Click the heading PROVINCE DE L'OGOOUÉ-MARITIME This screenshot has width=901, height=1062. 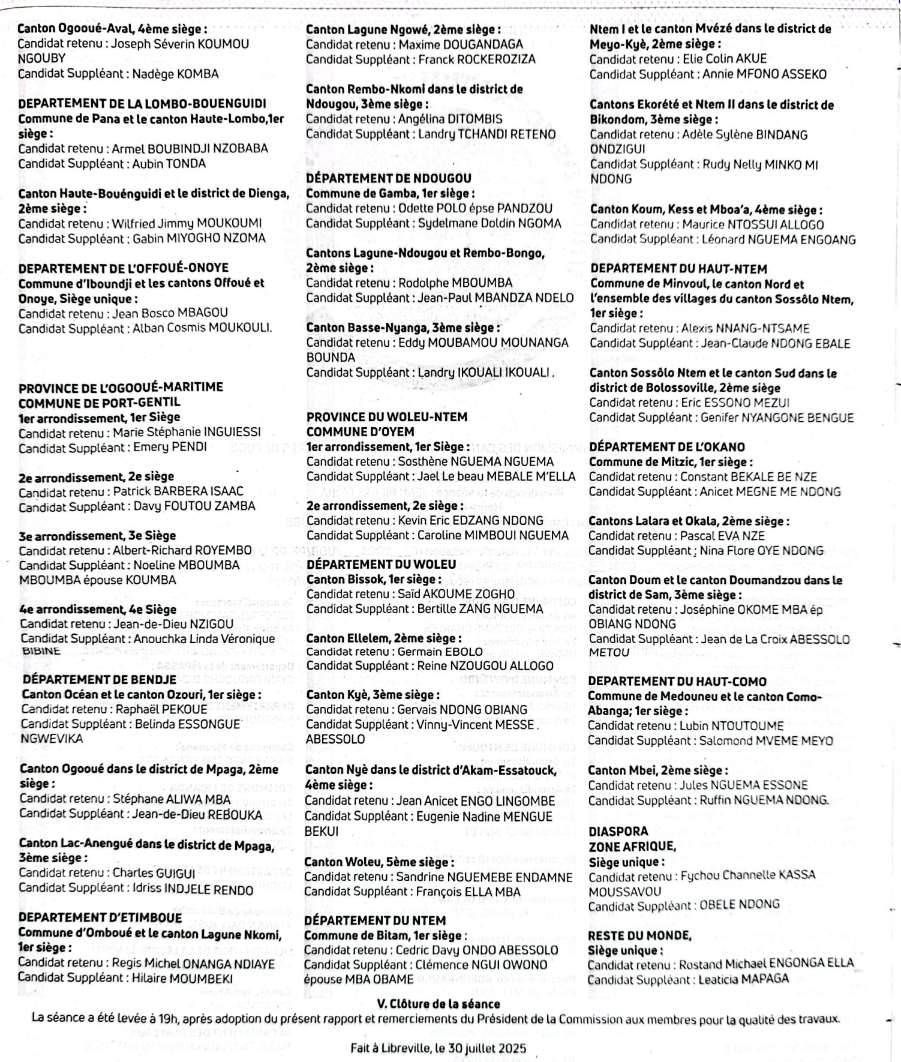pyautogui.click(x=121, y=388)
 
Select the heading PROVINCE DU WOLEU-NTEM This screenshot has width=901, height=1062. pyautogui.click(x=386, y=417)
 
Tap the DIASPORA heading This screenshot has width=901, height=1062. pyautogui.click(x=618, y=832)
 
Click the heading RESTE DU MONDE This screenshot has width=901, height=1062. pyautogui.click(x=639, y=936)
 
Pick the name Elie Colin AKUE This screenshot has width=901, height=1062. pyautogui.click(x=724, y=59)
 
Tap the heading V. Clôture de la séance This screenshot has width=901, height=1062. pyautogui.click(x=439, y=1004)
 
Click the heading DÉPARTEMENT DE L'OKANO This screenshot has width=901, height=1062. pyautogui.click(x=666, y=447)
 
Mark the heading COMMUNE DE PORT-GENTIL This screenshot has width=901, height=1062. pyautogui.click(x=99, y=402)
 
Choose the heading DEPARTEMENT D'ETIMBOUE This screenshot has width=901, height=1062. pyautogui.click(x=100, y=918)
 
